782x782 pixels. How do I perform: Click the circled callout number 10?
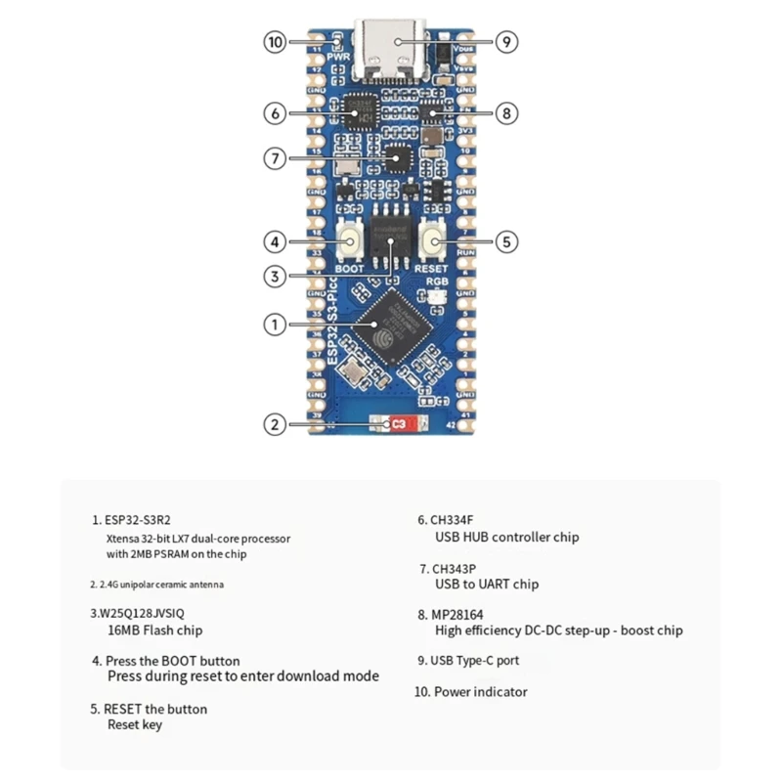(x=276, y=42)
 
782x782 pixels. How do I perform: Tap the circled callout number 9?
(x=505, y=42)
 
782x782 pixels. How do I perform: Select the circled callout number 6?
(x=276, y=113)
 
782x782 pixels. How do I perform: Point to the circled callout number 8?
(x=505, y=113)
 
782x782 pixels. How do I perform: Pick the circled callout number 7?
(x=276, y=157)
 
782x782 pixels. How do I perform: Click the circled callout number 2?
(x=276, y=424)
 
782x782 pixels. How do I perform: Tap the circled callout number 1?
(x=276, y=325)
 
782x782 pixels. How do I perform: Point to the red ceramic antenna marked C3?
(x=398, y=425)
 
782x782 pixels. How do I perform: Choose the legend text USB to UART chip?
(x=487, y=585)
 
